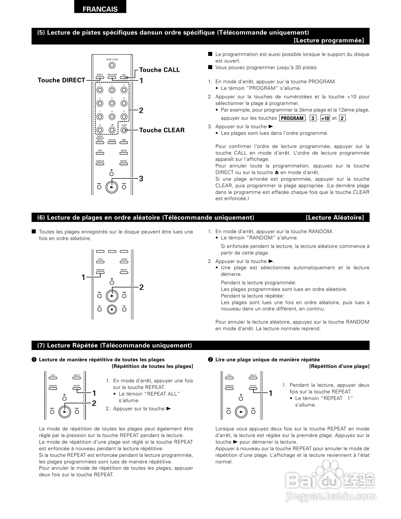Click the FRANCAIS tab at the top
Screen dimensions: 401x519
(100, 9)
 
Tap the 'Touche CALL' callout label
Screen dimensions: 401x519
(159, 70)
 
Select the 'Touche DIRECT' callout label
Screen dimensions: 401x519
(61, 80)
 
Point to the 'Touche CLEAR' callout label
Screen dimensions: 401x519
(162, 130)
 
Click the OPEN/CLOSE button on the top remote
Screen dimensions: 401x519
(112, 65)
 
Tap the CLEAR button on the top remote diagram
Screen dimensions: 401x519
(124, 130)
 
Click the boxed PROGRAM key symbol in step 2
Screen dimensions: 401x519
(292, 118)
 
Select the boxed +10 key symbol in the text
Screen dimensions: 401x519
(325, 118)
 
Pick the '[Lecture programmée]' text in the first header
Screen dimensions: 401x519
(329, 41)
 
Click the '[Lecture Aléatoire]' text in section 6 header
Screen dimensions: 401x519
(335, 218)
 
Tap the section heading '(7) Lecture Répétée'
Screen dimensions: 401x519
(114, 346)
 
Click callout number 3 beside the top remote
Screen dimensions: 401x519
(141, 179)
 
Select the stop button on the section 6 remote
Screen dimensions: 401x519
(112, 309)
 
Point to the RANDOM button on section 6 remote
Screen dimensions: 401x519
(100, 272)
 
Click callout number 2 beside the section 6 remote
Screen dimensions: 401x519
(142, 287)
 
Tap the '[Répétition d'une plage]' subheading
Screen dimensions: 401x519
(339, 366)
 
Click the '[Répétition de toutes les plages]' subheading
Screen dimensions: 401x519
(152, 366)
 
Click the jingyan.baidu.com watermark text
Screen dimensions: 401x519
(330, 497)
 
